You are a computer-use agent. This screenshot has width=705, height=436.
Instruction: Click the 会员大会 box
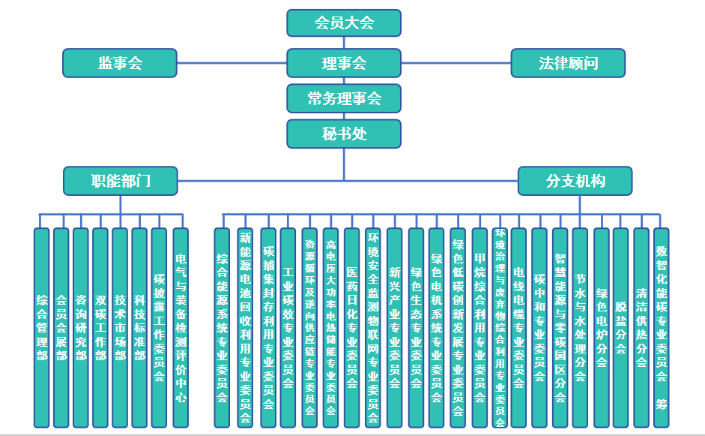[x=344, y=23]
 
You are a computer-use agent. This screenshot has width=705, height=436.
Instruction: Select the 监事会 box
[x=120, y=63]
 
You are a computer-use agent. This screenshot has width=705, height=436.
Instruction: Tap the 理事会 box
[x=344, y=63]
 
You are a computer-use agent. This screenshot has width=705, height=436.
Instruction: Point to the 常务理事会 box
[x=344, y=98]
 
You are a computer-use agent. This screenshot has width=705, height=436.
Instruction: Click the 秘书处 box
[x=344, y=134]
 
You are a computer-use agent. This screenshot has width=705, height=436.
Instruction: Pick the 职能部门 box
[x=121, y=181]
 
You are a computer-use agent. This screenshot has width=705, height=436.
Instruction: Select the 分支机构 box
[x=575, y=181]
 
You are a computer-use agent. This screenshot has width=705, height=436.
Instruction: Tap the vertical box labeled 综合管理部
[x=42, y=327]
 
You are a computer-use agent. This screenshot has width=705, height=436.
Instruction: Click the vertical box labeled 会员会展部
[x=61, y=327]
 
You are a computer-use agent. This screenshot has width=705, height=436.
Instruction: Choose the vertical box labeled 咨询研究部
[x=81, y=327]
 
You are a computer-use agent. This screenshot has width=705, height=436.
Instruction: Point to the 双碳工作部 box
[x=100, y=327]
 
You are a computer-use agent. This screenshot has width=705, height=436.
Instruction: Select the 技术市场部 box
[x=120, y=327]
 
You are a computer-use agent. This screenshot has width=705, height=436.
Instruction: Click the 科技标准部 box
[x=139, y=327]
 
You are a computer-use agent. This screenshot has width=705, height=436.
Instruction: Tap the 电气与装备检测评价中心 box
[x=180, y=327]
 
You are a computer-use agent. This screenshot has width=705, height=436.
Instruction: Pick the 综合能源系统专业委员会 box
[x=222, y=327]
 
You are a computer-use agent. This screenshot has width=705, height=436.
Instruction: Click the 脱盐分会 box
[x=620, y=327]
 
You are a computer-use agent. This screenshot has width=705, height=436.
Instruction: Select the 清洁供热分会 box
[x=641, y=327]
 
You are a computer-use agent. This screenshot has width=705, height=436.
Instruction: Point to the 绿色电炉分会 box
[x=601, y=327]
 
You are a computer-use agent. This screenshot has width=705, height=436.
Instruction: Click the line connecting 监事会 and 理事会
[x=232, y=63]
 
